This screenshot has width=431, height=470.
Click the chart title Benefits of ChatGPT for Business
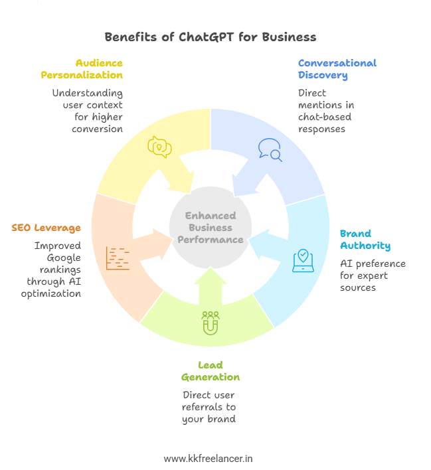211,37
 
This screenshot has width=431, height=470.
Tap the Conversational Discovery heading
337,69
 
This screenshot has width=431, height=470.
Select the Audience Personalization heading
82,69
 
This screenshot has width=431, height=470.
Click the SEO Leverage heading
46,228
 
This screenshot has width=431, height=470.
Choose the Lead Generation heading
211,371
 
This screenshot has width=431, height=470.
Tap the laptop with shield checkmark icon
303,260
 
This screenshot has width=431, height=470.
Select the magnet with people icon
211,323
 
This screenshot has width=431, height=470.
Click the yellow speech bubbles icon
159,146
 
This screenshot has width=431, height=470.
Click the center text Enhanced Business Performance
211,228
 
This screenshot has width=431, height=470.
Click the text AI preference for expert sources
372,275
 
